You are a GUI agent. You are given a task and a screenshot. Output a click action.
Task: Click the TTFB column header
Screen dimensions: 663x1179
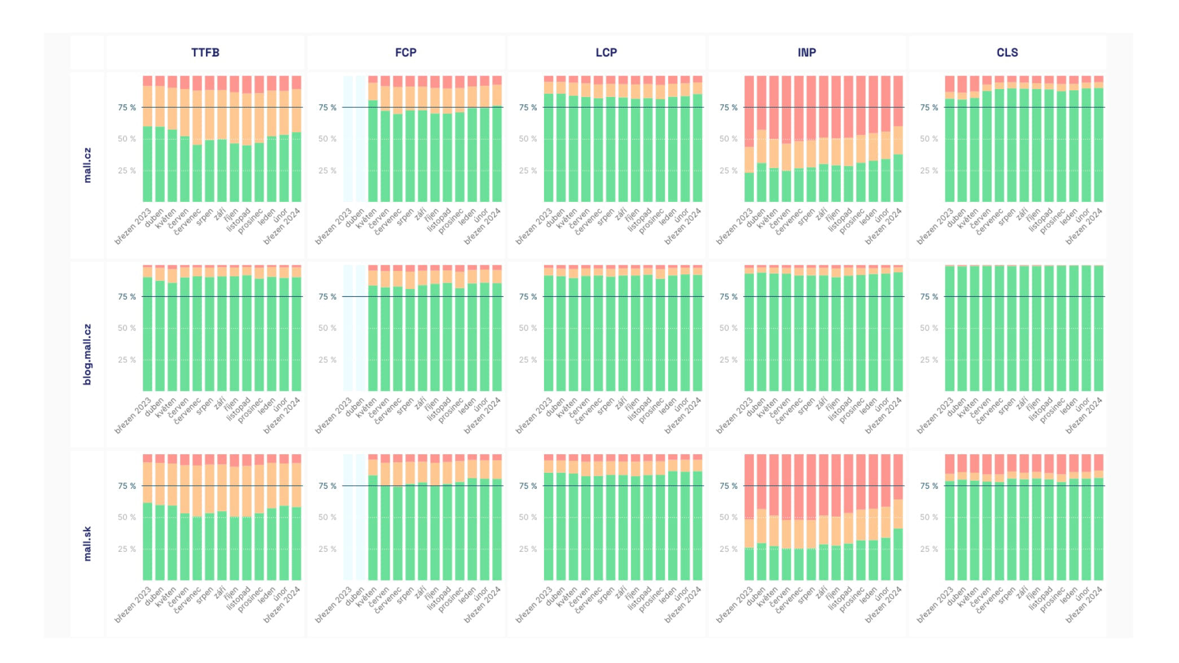click(205, 52)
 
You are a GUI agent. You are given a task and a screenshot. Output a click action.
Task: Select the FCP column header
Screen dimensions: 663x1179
click(405, 52)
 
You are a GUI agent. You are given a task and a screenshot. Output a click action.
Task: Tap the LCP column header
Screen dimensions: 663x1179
click(606, 52)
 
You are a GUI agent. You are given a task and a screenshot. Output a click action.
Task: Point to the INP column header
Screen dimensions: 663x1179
click(807, 52)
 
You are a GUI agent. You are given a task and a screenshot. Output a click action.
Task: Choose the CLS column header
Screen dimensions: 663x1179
click(1007, 52)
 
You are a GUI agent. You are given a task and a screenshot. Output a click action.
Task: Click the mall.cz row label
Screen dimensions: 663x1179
click(87, 165)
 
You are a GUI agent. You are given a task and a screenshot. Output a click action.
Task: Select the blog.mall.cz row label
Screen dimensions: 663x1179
click(87, 354)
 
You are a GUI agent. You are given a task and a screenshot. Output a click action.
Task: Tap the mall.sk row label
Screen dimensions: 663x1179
click(87, 543)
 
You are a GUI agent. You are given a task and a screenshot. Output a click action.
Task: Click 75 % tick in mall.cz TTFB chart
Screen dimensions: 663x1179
click(126, 107)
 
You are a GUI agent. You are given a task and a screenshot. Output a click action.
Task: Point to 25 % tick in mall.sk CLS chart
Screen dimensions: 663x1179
click(929, 548)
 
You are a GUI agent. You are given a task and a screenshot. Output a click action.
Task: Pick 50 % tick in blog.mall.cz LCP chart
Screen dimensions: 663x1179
click(528, 328)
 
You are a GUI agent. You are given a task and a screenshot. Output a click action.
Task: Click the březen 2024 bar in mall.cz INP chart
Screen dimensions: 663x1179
click(898, 139)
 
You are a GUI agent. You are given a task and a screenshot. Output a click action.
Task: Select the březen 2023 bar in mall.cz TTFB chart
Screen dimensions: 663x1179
click(147, 139)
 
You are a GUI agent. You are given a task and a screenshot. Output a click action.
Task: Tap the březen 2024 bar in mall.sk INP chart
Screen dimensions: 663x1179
click(898, 517)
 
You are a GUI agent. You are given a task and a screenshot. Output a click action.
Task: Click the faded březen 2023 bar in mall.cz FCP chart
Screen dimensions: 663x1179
click(348, 139)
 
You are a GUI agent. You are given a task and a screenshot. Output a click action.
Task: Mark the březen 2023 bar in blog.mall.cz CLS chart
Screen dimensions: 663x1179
click(950, 328)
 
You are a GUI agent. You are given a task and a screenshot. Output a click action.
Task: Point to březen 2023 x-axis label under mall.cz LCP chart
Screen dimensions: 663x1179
click(534, 226)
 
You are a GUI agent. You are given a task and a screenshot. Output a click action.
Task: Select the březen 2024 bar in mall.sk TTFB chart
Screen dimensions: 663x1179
click(296, 517)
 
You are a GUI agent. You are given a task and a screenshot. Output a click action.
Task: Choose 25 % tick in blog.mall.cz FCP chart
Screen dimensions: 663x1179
click(327, 359)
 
